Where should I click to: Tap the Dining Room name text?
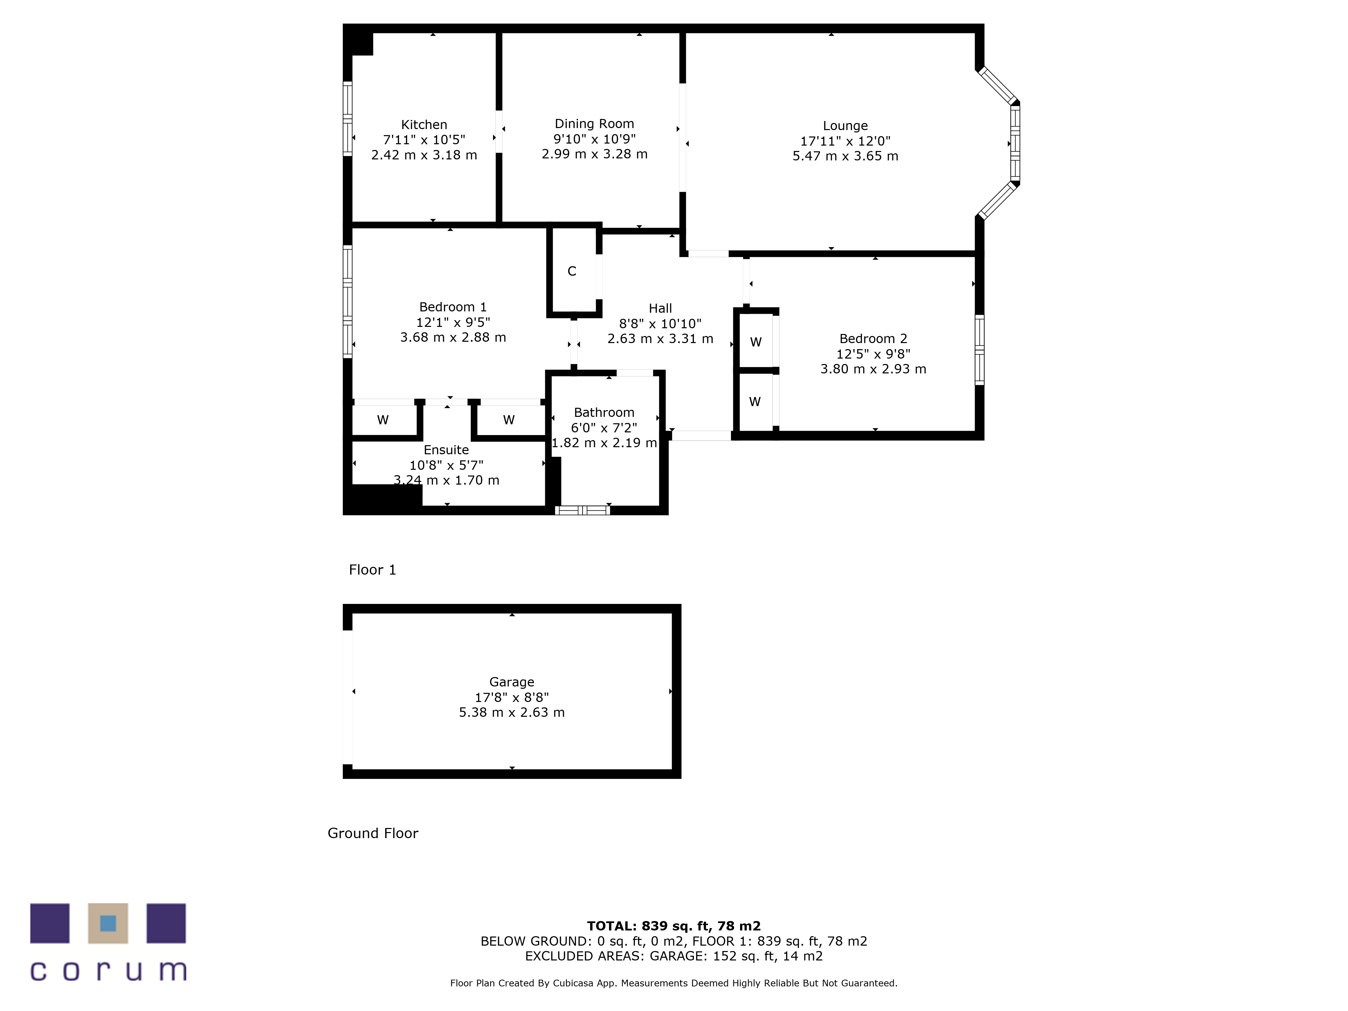594,124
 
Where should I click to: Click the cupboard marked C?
572,271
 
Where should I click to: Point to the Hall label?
660,308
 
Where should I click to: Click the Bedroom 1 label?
453,307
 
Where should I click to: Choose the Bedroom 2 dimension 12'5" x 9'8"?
873,354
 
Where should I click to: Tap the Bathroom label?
604,412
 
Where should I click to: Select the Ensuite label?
446,450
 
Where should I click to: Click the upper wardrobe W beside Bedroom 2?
756,342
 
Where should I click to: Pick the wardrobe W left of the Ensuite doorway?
383,420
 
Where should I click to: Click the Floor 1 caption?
372,570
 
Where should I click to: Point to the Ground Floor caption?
373,833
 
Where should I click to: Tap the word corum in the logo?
108,971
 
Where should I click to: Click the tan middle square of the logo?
108,923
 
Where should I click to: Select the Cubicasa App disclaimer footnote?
673,983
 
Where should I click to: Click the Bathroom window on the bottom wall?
583,510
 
